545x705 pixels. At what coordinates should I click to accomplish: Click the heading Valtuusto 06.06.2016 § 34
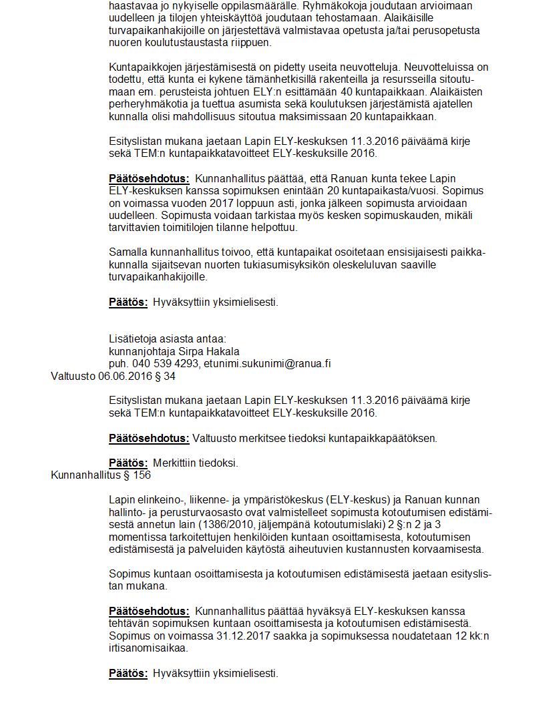point(113,377)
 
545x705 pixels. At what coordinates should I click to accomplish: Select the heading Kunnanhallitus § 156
point(101,475)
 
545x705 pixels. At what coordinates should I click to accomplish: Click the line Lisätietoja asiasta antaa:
point(168,338)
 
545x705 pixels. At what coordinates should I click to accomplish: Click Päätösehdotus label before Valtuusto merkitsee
point(149,439)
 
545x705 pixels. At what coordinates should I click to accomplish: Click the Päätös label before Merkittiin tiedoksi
point(128,463)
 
